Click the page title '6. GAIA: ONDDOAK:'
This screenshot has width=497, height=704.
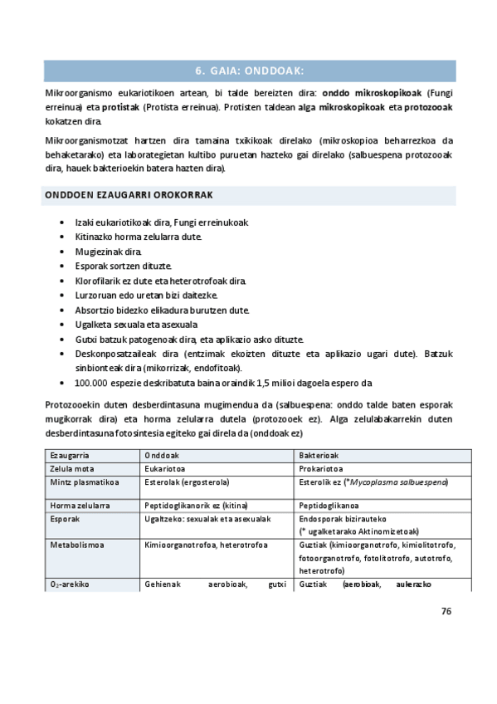249,71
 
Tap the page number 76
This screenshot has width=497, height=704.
446,611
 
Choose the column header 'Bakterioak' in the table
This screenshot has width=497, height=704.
319,456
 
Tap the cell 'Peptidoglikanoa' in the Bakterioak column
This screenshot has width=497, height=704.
329,504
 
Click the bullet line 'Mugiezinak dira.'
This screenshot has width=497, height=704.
109,251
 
